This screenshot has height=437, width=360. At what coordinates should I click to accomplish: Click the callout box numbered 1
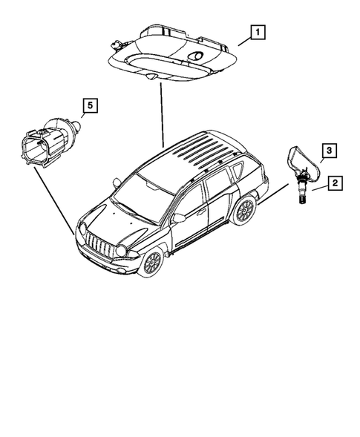[256, 32]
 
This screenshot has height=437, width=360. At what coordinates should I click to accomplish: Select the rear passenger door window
[220, 185]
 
